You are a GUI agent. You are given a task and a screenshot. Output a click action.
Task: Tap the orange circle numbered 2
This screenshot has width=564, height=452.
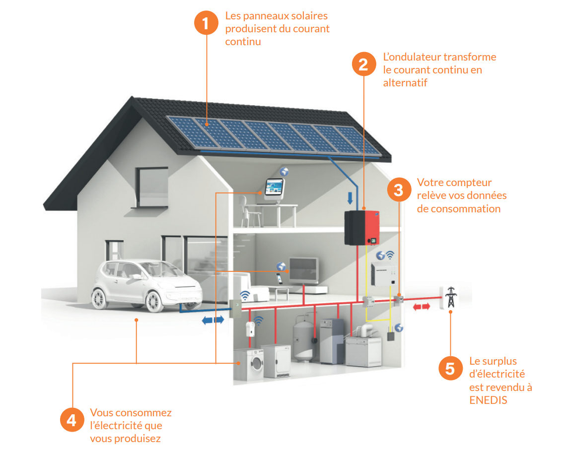point(364,65)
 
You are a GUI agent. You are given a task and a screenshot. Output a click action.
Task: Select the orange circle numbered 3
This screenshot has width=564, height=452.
point(399,190)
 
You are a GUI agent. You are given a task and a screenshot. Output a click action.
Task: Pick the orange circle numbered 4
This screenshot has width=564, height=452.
point(72,420)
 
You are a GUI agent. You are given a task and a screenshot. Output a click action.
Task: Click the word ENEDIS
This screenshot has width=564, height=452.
point(489,400)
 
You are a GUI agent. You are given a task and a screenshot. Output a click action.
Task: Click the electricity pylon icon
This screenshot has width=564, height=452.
point(450,297)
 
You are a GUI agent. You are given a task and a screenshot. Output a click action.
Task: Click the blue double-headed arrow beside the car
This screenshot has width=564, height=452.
point(212,321)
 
